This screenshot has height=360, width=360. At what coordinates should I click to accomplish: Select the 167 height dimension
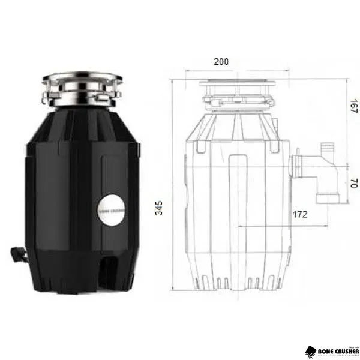[x=354, y=107]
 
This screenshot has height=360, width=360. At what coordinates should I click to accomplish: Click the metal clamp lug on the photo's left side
[x=46, y=94]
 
